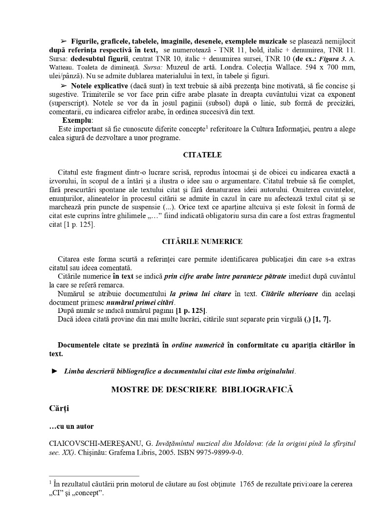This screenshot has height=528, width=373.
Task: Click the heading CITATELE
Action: (202, 155)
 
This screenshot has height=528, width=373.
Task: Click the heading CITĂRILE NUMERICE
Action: (202, 242)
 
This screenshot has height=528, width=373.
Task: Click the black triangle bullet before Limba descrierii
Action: (55, 371)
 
